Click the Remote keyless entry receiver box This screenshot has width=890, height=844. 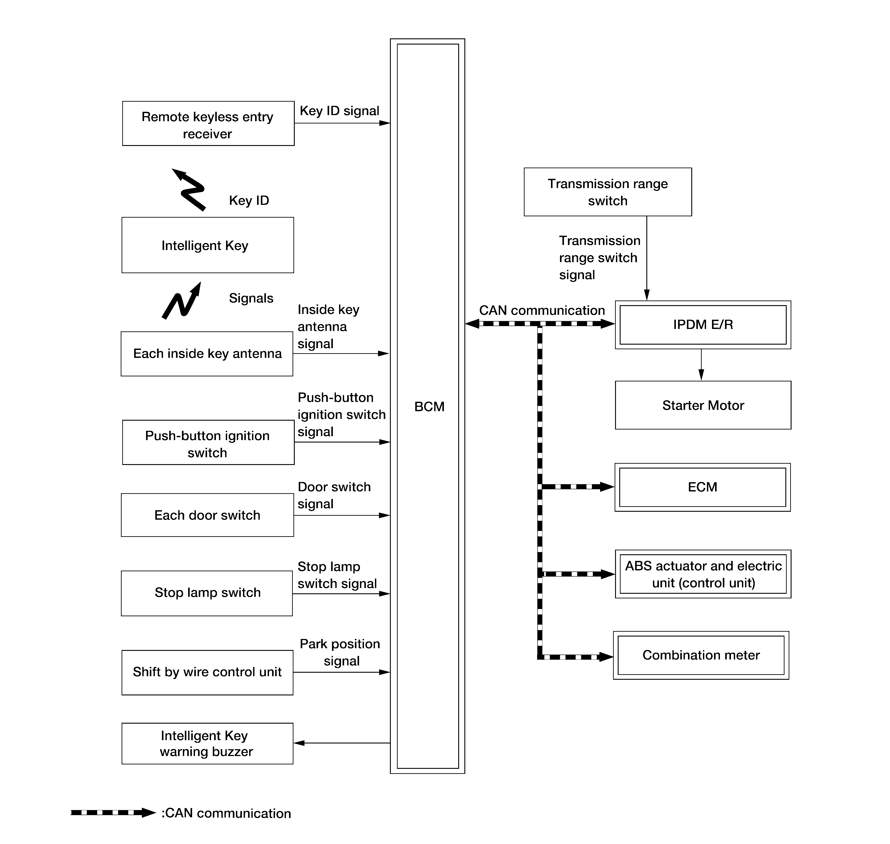click(208, 124)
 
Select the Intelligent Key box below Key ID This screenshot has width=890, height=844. click(208, 245)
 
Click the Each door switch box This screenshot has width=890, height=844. click(207, 515)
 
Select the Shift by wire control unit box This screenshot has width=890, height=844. click(207, 673)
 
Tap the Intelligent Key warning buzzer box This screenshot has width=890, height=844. click(207, 744)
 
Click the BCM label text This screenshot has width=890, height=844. click(429, 407)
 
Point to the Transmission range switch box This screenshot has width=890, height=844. click(608, 192)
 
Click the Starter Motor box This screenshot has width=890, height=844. click(703, 405)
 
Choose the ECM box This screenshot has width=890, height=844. click(703, 487)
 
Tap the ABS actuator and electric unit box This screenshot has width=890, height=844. click(703, 574)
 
